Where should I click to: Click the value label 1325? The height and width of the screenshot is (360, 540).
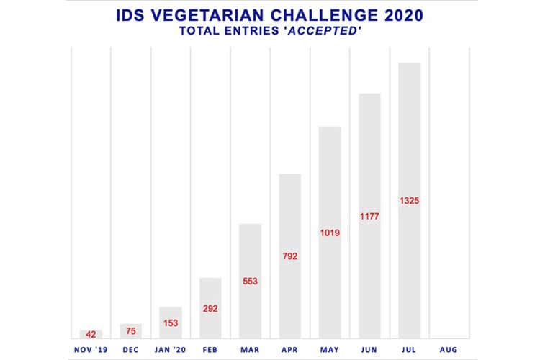point(409,200)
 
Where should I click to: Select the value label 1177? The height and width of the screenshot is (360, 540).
point(369,216)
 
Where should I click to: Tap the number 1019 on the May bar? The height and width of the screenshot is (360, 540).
point(330,233)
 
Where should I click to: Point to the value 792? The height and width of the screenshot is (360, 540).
point(290,256)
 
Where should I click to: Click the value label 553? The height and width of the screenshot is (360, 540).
point(250,281)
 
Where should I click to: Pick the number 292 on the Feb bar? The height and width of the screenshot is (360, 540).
point(210,308)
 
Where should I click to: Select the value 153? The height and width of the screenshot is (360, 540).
point(171,323)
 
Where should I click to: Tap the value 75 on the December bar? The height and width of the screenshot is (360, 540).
point(131,331)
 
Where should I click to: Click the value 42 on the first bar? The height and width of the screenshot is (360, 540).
point(91,334)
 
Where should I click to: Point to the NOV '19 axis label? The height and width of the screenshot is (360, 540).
point(91,349)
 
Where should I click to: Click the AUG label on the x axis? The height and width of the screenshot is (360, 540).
point(449,349)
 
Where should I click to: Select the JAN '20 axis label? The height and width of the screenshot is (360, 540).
point(171,349)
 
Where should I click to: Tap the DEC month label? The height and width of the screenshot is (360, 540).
point(131,349)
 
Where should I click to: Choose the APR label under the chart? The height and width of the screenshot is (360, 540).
point(290,349)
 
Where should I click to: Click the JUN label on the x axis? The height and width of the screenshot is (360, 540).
point(369,349)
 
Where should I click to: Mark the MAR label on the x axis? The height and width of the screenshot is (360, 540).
point(250,349)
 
